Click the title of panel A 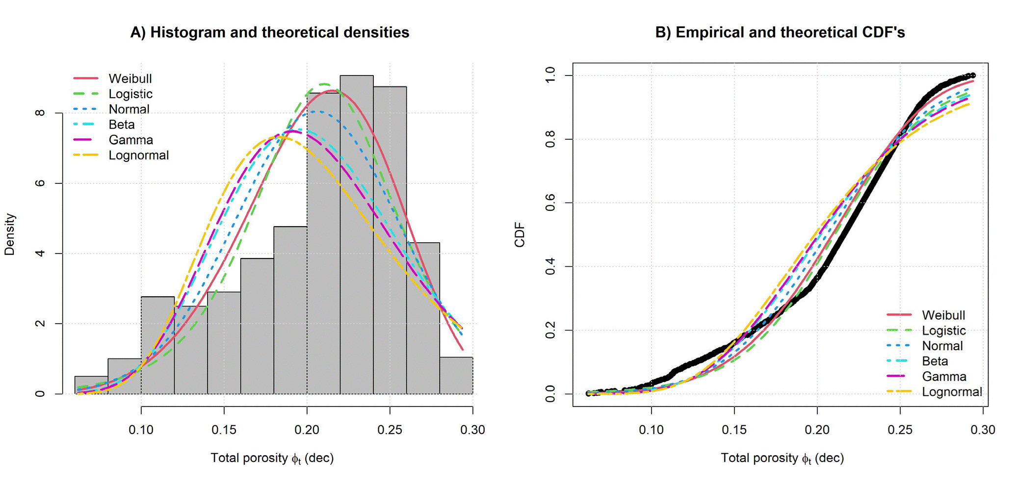pyautogui.click(x=269, y=32)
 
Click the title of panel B pyautogui.click(x=780, y=32)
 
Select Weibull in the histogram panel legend pyautogui.click(x=130, y=78)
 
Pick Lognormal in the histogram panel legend pyautogui.click(x=138, y=155)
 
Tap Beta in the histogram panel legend pyautogui.click(x=122, y=125)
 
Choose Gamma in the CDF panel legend pyautogui.click(x=943, y=377)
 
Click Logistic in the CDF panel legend pyautogui.click(x=943, y=331)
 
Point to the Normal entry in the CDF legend pyautogui.click(x=942, y=346)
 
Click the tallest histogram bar pyautogui.click(x=357, y=235)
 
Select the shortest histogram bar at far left pyautogui.click(x=91, y=385)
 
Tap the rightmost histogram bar pyautogui.click(x=456, y=376)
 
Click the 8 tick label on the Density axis pyautogui.click(x=40, y=113)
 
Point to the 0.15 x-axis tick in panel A pyautogui.click(x=224, y=430)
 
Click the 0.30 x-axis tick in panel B pyautogui.click(x=983, y=430)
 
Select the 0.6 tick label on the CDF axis pyautogui.click(x=550, y=203)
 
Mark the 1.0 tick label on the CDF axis pyautogui.click(x=550, y=76)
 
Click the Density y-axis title pyautogui.click(x=10, y=234)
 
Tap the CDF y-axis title pyautogui.click(x=520, y=234)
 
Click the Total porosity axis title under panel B pyautogui.click(x=782, y=458)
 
